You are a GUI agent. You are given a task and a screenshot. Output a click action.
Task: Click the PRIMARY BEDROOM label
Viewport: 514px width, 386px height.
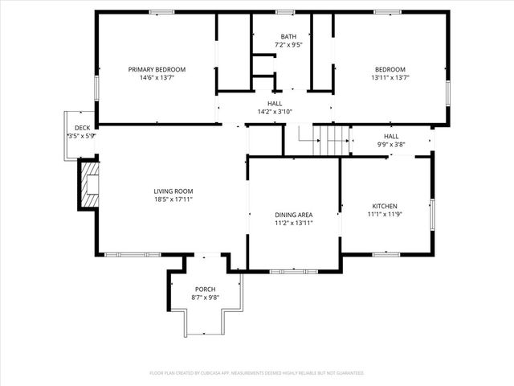click(157, 69)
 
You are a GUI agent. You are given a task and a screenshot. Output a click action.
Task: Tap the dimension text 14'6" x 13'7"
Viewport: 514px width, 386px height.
click(157, 78)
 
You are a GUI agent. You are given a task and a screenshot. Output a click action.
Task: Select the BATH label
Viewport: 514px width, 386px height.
click(288, 37)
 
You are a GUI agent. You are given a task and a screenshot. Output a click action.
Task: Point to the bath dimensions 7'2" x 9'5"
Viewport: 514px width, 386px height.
click(288, 46)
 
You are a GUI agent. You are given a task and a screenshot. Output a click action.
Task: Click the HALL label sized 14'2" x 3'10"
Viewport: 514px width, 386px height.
click(275, 104)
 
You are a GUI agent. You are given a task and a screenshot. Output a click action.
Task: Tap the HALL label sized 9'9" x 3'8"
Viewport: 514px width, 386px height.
click(391, 136)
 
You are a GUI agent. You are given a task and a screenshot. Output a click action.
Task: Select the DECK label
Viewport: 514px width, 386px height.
click(82, 128)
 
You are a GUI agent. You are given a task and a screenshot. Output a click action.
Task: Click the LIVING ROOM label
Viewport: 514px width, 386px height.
click(173, 191)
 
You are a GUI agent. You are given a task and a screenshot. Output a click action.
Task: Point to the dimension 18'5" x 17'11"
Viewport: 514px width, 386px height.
click(173, 199)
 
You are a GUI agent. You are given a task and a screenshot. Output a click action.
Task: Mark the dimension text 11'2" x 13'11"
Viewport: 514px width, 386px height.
click(294, 223)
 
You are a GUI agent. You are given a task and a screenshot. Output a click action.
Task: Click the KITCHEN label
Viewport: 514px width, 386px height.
click(384, 206)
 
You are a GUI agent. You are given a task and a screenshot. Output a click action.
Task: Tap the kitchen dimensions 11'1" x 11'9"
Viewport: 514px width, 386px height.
click(384, 215)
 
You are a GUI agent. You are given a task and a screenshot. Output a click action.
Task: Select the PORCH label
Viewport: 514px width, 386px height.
click(206, 289)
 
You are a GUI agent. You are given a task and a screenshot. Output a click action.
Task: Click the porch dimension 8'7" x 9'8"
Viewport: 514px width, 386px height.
click(206, 298)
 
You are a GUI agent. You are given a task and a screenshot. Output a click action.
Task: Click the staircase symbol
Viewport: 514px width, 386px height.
click(328, 141)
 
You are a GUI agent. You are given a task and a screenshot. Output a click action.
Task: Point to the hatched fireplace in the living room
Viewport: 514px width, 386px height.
click(88, 185)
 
